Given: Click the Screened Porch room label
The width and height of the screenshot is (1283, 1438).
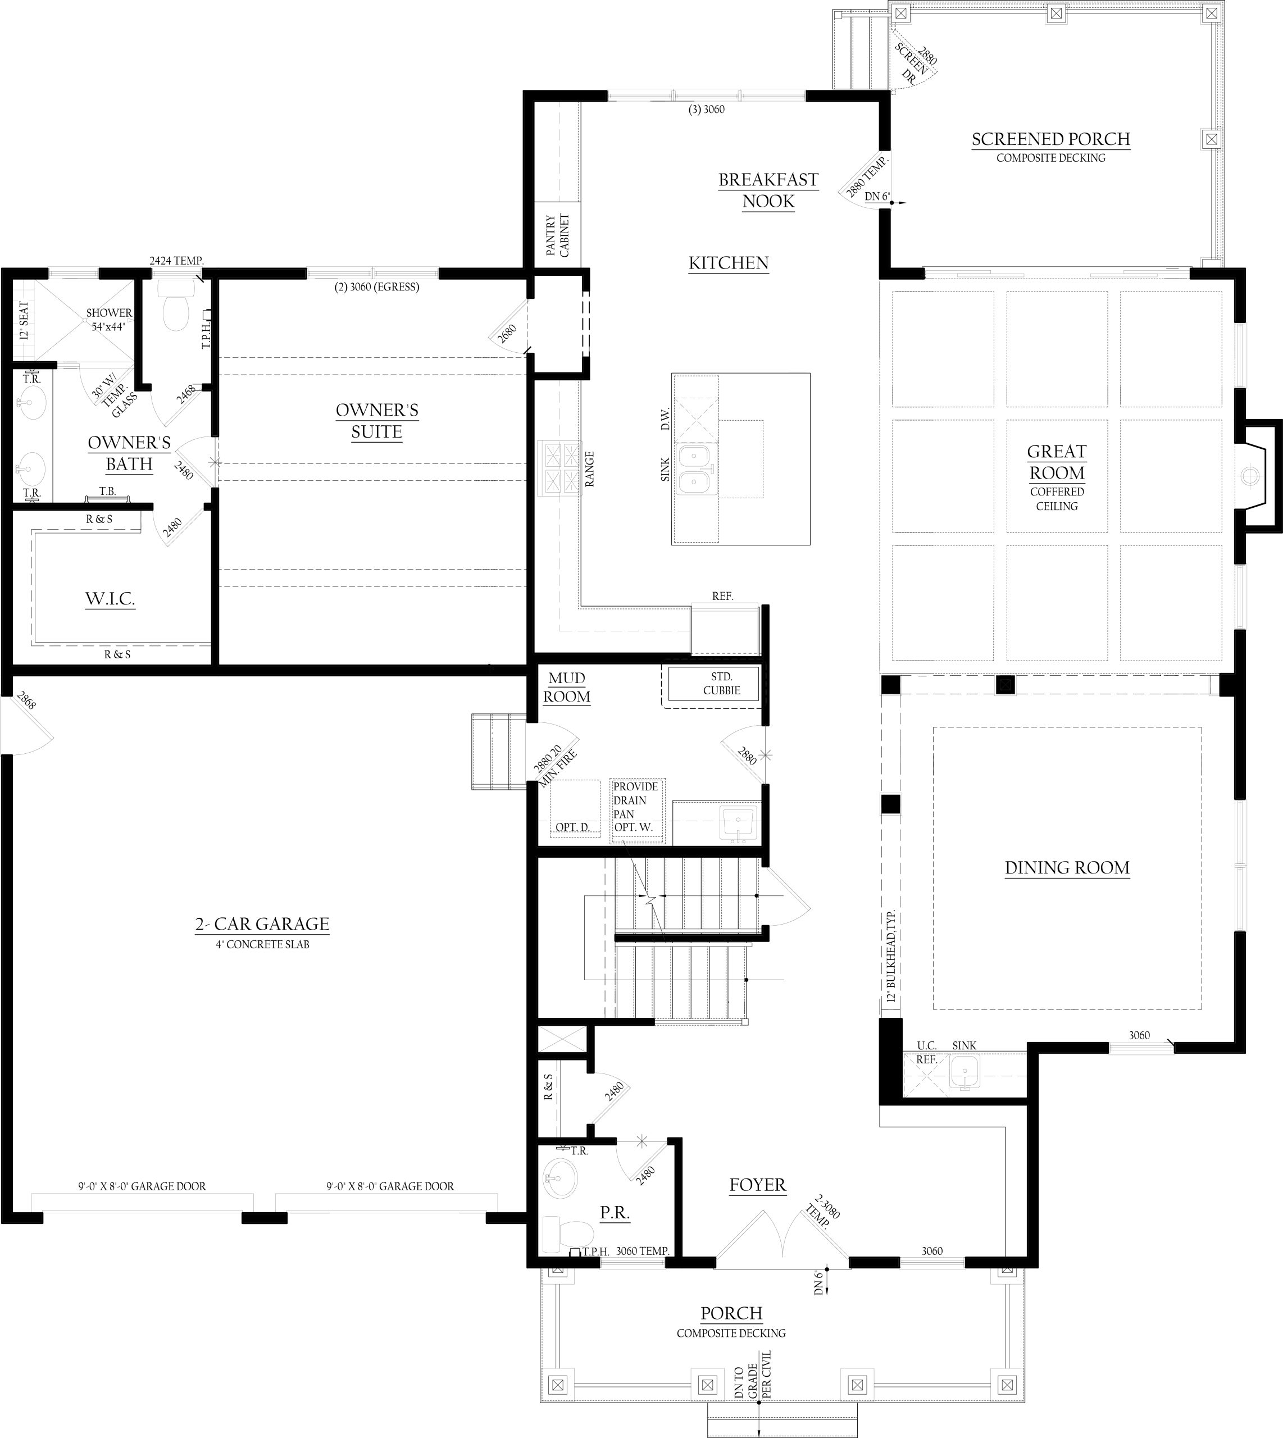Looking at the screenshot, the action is click(1050, 139).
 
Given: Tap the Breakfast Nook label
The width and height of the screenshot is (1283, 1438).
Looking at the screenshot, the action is click(768, 190).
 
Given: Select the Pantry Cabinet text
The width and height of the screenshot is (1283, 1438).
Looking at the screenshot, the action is click(557, 235).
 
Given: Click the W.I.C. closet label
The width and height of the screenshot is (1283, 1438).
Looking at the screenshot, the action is click(110, 599).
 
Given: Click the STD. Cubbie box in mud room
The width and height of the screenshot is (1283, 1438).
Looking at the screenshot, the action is click(713, 683).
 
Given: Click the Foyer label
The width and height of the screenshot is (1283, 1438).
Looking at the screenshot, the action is click(758, 1185).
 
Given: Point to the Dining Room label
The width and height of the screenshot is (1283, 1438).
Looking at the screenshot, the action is click(1067, 868).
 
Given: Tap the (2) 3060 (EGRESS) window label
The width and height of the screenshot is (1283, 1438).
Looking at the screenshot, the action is click(377, 287).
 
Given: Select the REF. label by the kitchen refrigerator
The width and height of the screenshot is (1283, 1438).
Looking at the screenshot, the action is click(722, 597).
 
